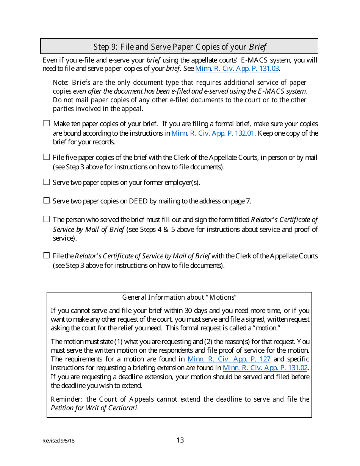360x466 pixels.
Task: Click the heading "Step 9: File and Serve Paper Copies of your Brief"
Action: (180, 47)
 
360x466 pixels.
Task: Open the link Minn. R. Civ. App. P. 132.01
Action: (213, 133)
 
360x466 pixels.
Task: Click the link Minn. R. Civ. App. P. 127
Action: (229, 359)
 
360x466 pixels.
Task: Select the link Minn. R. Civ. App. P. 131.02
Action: (265, 368)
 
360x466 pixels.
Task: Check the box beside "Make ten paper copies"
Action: (47, 123)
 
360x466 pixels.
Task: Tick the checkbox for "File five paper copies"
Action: (47, 157)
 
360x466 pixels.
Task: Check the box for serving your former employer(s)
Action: (47, 182)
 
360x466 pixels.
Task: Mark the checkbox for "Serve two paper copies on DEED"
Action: (47, 200)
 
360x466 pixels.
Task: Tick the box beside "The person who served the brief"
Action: (47, 219)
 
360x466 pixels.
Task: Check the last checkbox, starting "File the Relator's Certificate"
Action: (47, 255)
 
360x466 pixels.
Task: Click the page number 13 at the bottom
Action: (180, 440)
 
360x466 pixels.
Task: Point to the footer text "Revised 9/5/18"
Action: (58, 441)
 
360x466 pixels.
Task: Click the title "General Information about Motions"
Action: (180, 297)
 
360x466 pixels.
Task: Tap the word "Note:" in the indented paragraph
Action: (61, 83)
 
